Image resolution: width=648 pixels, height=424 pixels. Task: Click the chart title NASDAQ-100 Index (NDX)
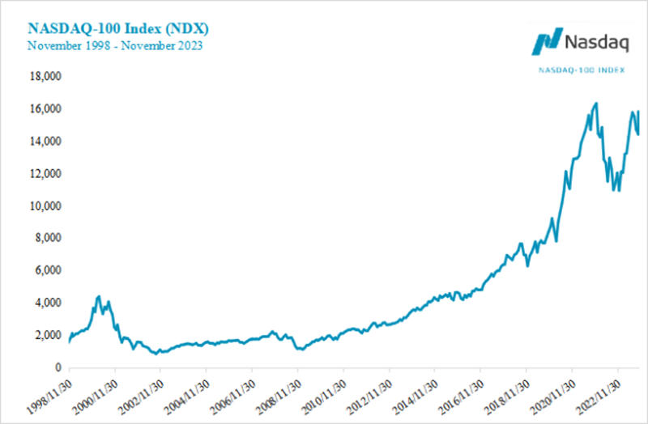click(x=119, y=28)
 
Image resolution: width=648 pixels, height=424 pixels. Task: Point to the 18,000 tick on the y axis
click(x=45, y=77)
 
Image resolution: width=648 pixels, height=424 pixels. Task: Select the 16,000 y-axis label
click(x=45, y=109)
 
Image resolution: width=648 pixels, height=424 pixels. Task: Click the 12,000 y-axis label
click(x=45, y=174)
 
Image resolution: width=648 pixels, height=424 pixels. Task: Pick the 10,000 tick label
click(x=45, y=206)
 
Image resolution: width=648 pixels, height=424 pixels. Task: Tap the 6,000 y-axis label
click(x=49, y=270)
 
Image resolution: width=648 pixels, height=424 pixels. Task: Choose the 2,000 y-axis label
click(x=49, y=335)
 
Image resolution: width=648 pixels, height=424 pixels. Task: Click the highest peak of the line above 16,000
click(x=596, y=103)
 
